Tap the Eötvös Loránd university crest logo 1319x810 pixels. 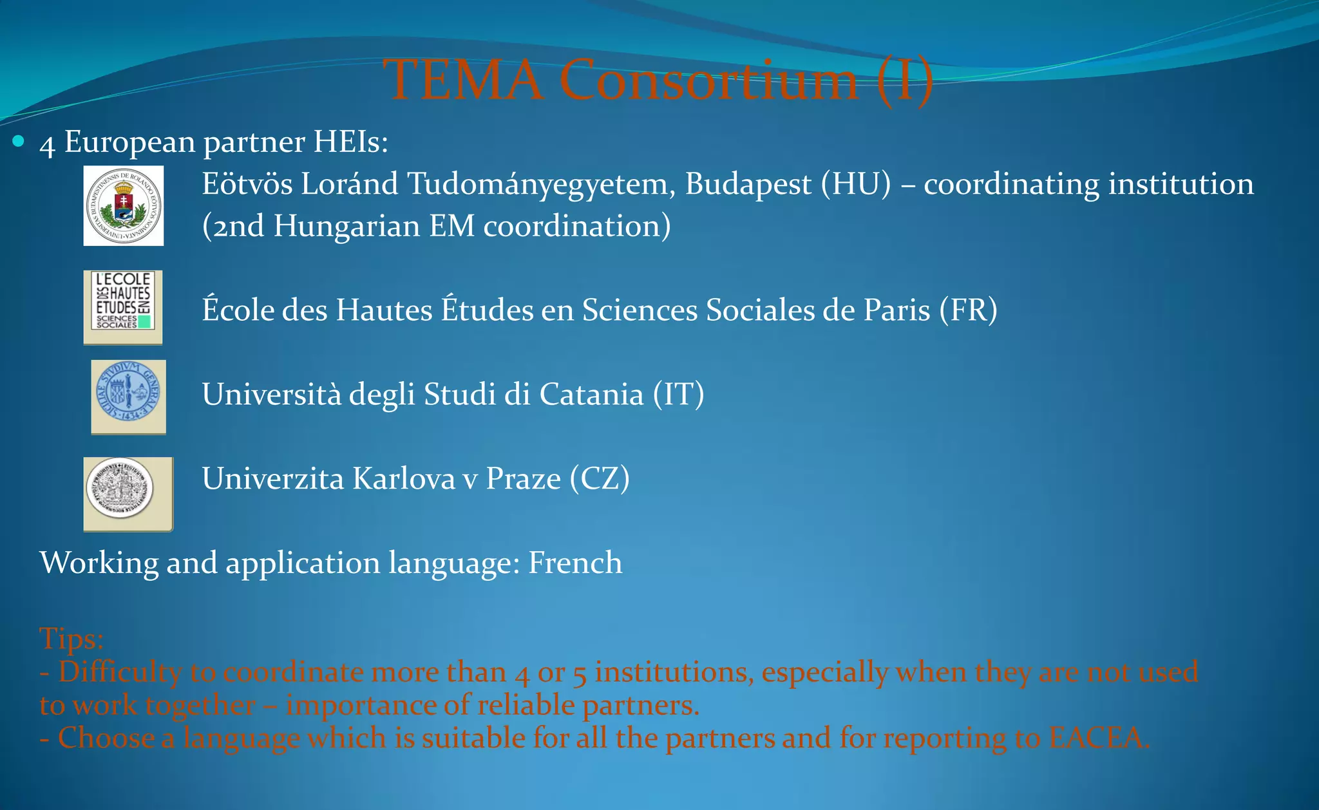click(124, 206)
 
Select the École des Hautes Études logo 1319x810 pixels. click(123, 307)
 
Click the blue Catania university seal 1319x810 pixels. click(128, 397)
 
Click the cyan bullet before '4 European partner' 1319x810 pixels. click(19, 141)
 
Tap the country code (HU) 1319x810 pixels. click(856, 184)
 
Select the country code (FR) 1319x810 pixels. click(968, 310)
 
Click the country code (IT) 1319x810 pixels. click(678, 395)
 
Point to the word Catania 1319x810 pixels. click(591, 395)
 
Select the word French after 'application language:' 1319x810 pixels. click(575, 563)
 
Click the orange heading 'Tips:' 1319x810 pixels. click(71, 639)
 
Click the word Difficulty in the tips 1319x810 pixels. click(120, 672)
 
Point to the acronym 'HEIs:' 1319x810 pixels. click(350, 142)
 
